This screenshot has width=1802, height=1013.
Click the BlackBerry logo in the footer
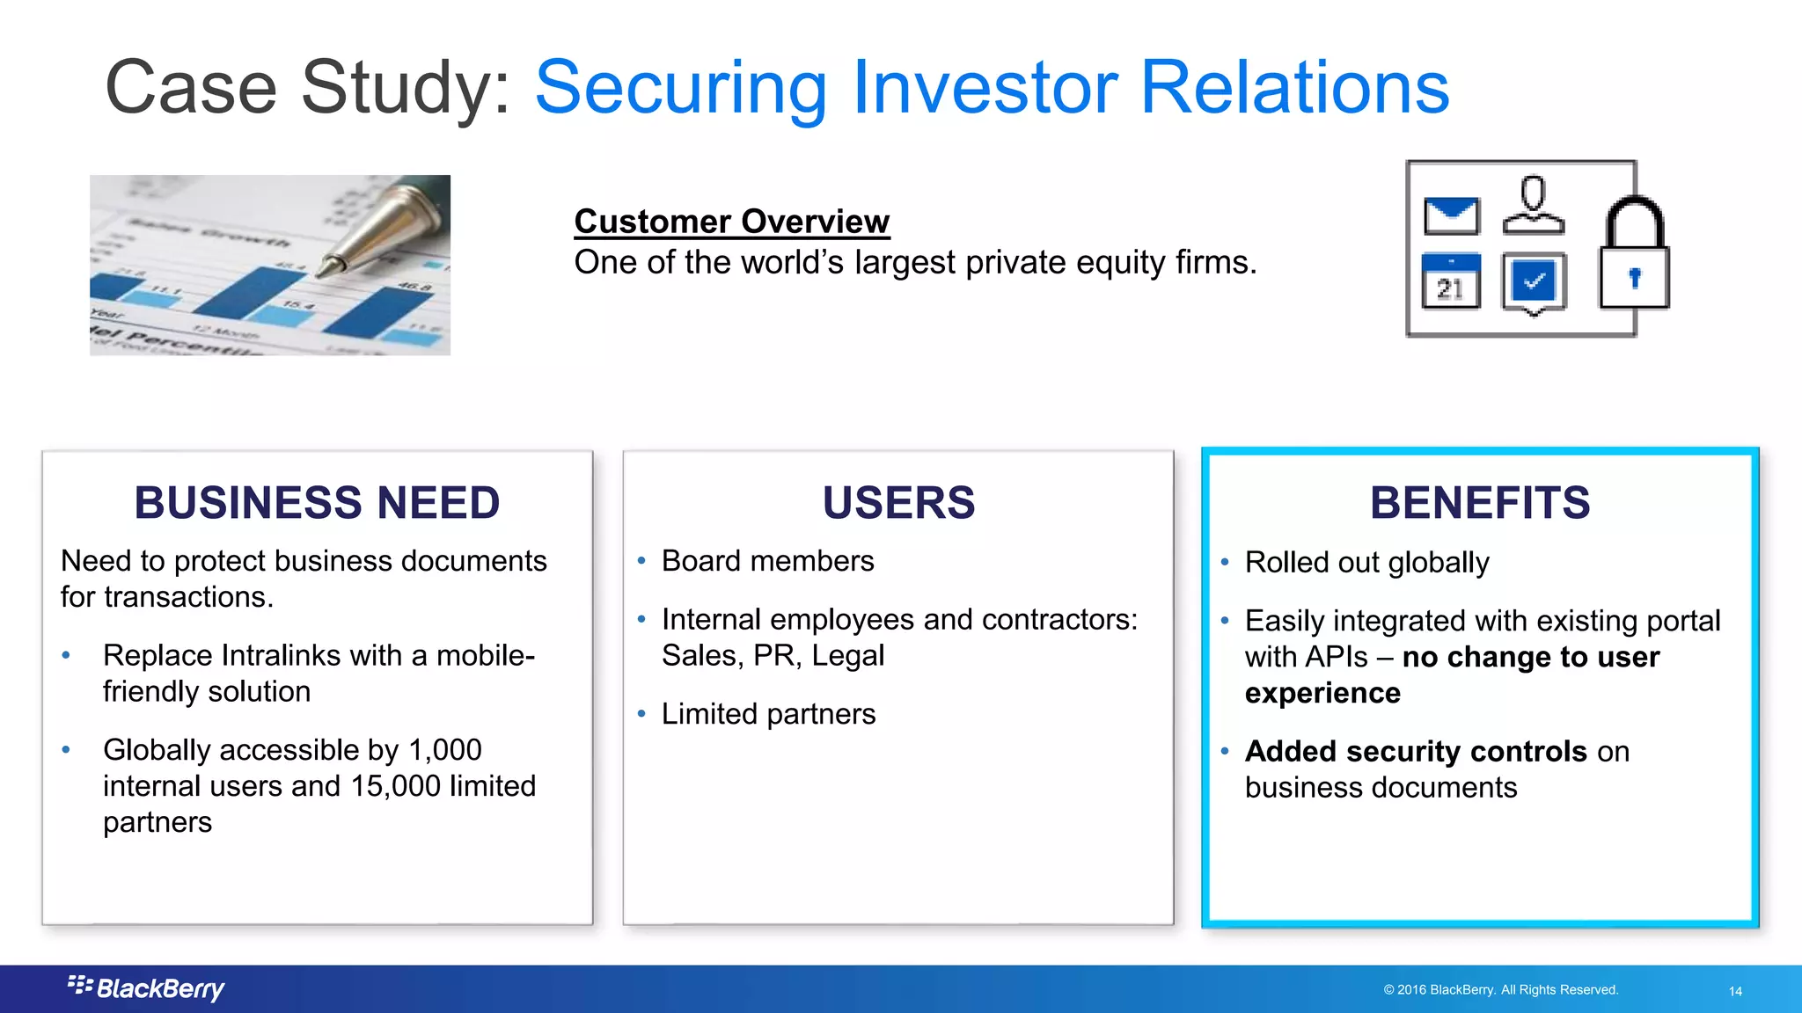click(147, 988)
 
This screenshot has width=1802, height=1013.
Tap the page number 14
click(1735, 991)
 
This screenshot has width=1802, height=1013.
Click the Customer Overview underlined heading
click(731, 222)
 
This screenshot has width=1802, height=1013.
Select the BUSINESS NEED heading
click(317, 503)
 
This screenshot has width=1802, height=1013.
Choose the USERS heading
click(898, 503)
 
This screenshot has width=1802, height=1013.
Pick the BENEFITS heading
click(1480, 503)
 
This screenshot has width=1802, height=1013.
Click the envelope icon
click(1451, 215)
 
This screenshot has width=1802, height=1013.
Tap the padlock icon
click(1634, 255)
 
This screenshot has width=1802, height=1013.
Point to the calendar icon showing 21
click(1451, 281)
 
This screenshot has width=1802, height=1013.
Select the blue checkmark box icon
click(1534, 282)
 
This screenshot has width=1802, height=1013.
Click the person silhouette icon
click(1534, 206)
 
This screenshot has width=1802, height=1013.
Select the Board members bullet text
click(767, 561)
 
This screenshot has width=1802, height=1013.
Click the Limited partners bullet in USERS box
click(768, 714)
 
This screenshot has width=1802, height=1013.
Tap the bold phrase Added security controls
click(1415, 752)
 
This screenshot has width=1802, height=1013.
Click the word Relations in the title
click(1294, 87)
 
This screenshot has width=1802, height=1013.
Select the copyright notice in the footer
click(1500, 990)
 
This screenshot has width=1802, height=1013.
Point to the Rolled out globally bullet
click(1366, 563)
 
